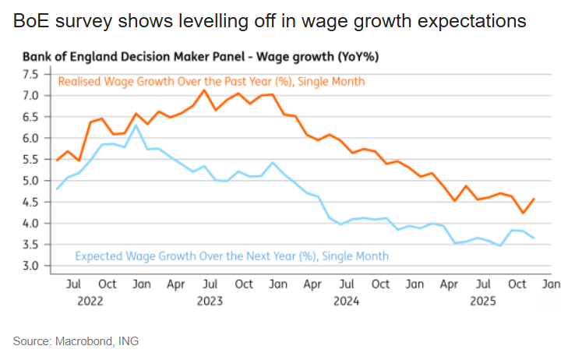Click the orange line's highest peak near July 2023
(x=204, y=90)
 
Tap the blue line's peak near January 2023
(x=136, y=125)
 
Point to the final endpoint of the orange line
(x=533, y=199)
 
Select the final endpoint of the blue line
(x=533, y=238)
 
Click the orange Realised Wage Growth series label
(x=211, y=81)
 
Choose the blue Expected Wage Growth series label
(x=231, y=256)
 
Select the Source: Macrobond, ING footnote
(x=76, y=341)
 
